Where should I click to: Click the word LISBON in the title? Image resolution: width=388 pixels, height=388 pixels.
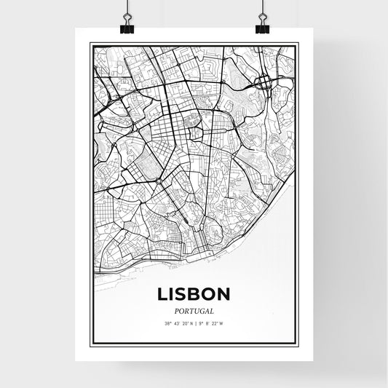click(x=194, y=294)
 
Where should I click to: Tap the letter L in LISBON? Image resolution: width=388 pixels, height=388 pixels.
click(x=162, y=294)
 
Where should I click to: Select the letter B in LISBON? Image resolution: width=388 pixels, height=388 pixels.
click(x=194, y=294)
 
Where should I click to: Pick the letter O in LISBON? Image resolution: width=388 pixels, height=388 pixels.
click(x=209, y=294)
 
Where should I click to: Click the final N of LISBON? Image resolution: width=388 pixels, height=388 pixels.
click(x=224, y=294)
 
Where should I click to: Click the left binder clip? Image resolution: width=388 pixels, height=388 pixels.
click(x=126, y=27)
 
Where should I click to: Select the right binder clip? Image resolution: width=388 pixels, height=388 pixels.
click(x=262, y=27)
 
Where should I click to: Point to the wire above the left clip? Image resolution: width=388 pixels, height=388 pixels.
click(x=126, y=9)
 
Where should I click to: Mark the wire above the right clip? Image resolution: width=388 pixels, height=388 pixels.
click(x=262, y=9)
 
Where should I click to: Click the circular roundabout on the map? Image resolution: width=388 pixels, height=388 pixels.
click(x=158, y=180)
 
